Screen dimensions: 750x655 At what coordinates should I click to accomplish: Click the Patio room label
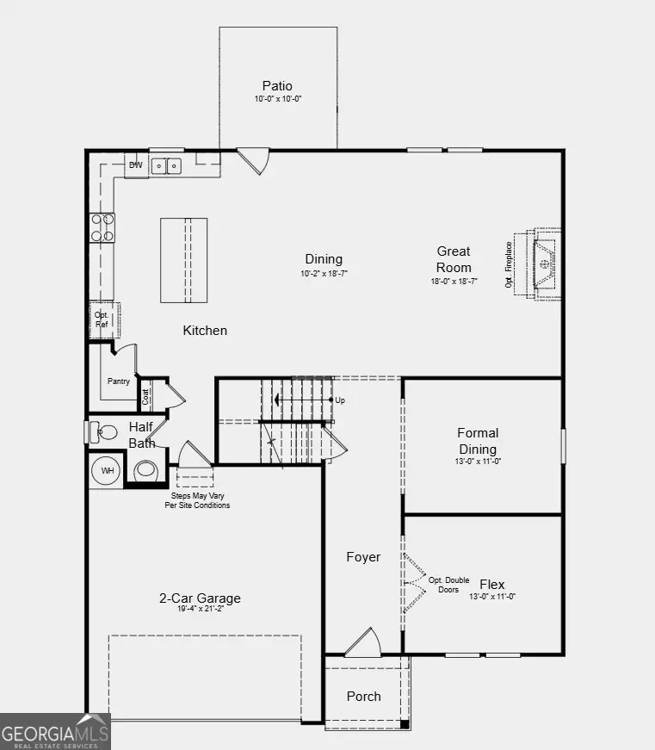(x=277, y=86)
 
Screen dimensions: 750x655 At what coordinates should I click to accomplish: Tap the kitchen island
(x=183, y=260)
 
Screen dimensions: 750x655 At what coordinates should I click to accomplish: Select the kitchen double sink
(x=166, y=165)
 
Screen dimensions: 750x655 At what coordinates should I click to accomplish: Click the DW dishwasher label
(x=135, y=165)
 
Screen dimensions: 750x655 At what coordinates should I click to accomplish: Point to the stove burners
(x=102, y=226)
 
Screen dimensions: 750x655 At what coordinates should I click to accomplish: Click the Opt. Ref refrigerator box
(x=102, y=319)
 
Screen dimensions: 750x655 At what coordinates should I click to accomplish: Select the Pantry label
(x=118, y=381)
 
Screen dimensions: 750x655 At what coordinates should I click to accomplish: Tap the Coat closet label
(x=145, y=396)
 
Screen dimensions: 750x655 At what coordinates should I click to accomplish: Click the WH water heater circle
(x=108, y=471)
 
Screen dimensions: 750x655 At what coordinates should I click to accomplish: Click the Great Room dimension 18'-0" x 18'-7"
(x=454, y=282)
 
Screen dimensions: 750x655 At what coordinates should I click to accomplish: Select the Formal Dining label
(x=478, y=441)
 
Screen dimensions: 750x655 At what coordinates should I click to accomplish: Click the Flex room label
(x=492, y=584)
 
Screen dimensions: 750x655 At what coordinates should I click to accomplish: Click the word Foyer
(x=363, y=557)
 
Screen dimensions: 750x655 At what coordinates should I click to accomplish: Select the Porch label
(x=363, y=696)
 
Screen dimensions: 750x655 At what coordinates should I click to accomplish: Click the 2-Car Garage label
(x=200, y=598)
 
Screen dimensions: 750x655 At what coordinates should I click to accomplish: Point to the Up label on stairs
(x=340, y=400)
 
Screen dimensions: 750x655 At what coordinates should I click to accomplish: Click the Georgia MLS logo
(x=55, y=732)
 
